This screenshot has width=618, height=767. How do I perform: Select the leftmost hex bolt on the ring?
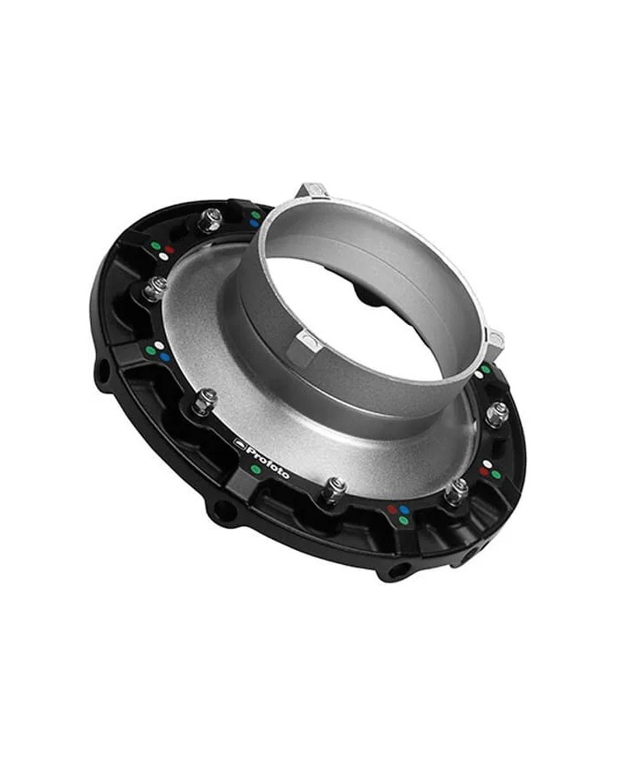(x=155, y=288)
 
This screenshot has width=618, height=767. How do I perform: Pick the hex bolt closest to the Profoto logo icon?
(x=204, y=402)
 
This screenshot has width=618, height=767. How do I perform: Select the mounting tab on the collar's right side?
(x=495, y=340)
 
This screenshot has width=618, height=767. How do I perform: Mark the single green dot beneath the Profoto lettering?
(x=256, y=470)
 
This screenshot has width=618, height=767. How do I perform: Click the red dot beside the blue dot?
(x=392, y=509)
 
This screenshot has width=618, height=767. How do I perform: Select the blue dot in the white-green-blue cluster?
(x=164, y=357)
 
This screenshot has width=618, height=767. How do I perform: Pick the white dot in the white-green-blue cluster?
(x=159, y=345)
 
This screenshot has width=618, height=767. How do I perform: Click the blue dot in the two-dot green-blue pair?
(x=254, y=223)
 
